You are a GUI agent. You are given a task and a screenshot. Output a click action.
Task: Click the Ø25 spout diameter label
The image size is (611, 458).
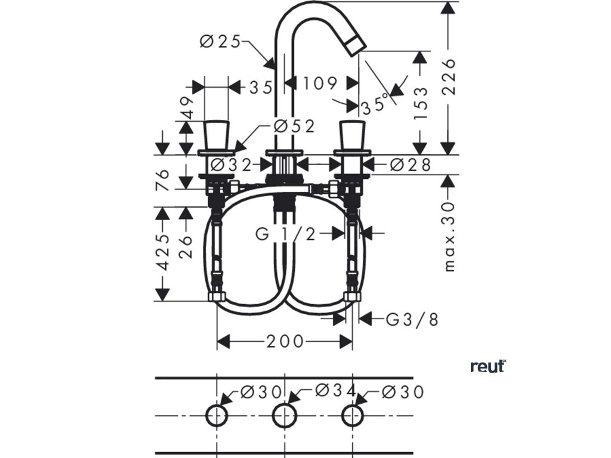[221, 41]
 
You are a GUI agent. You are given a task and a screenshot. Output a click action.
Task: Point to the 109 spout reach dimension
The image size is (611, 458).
[319, 83]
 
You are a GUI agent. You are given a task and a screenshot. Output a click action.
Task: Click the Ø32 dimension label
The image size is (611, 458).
[233, 164]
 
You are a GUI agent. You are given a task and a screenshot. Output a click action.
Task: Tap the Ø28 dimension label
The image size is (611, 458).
[410, 164]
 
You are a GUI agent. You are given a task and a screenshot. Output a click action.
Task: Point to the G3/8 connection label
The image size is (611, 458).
[412, 320]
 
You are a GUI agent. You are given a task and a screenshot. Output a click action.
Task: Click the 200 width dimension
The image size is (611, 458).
[285, 341]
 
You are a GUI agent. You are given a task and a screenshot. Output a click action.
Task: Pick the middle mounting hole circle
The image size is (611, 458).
[285, 416]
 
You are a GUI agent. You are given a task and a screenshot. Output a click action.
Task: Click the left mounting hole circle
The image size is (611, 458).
[217, 416]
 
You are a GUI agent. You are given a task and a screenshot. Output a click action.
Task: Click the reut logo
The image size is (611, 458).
[488, 366]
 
